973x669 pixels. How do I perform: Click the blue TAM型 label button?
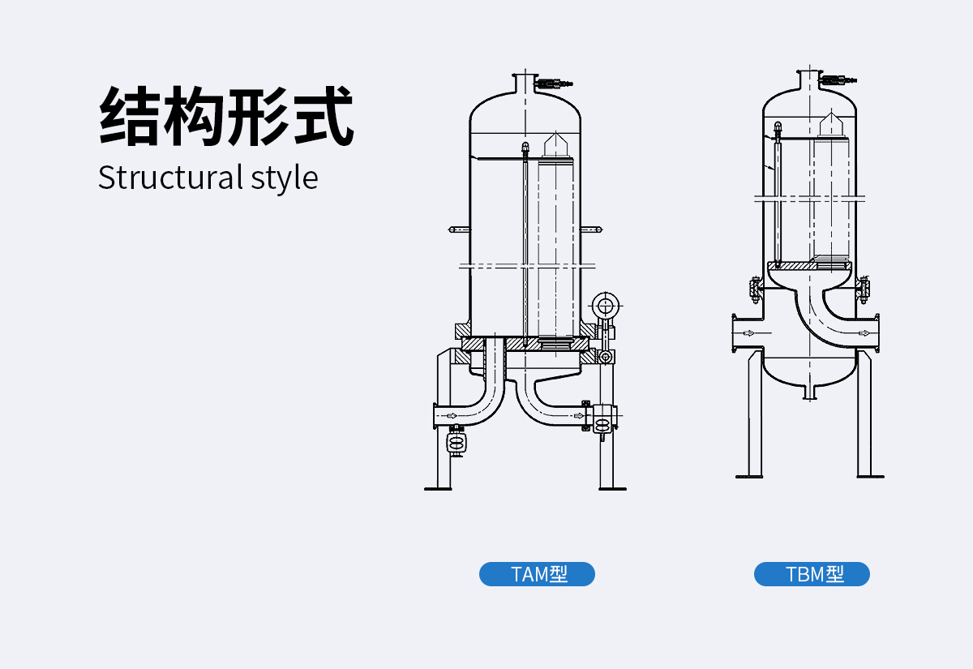537,574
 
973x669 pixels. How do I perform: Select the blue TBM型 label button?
812,574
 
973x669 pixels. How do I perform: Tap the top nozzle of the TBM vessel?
808,79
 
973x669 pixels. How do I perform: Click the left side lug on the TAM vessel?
458,230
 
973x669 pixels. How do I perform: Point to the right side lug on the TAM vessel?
593,230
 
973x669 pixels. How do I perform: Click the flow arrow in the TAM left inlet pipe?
452,416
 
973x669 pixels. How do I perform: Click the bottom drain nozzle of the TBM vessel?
808,392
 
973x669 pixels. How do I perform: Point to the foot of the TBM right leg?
868,475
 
